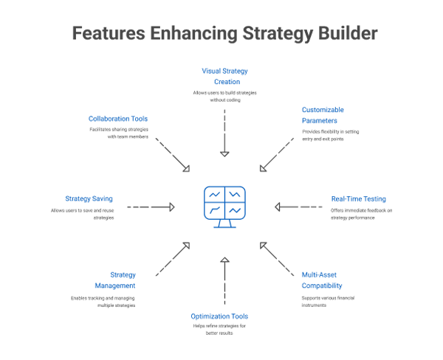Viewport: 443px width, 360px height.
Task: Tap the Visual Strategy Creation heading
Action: [224, 76]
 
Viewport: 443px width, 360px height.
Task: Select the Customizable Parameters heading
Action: [323, 115]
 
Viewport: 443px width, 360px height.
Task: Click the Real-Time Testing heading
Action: [357, 199]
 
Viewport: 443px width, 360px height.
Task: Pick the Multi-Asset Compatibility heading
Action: [322, 280]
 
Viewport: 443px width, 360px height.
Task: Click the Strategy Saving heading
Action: [87, 199]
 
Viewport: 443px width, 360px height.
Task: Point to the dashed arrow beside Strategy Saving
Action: [151, 207]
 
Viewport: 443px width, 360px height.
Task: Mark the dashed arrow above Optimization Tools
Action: [224, 280]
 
